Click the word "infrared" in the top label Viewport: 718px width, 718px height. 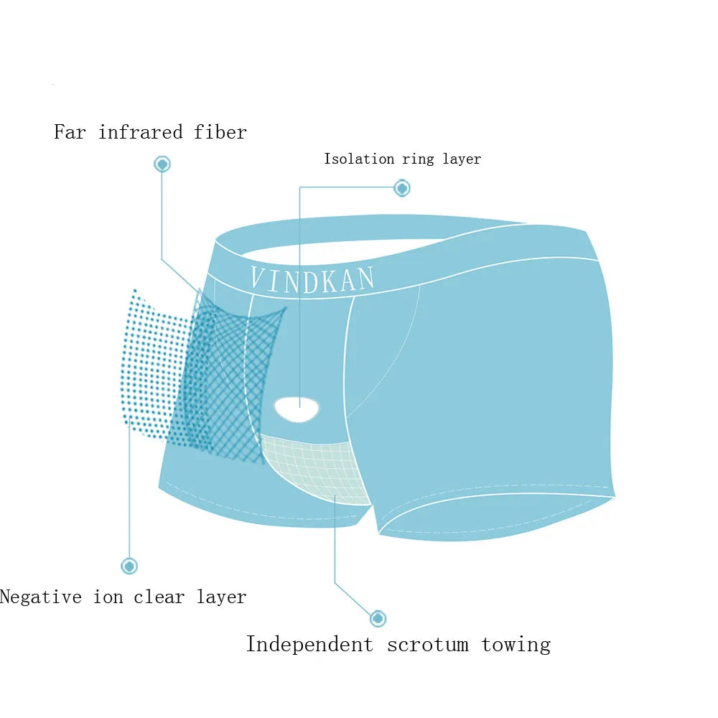pyautogui.click(x=141, y=132)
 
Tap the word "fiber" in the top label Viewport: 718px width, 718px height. pyautogui.click(x=220, y=132)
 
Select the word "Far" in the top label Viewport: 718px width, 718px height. pyautogui.click(x=70, y=132)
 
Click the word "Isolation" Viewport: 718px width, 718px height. pyautogui.click(x=359, y=159)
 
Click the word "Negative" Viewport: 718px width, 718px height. pyautogui.click(x=41, y=597)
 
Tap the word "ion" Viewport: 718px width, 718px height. pyautogui.click(x=108, y=597)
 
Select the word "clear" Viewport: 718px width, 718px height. pyautogui.click(x=159, y=597)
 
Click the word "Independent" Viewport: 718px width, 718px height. pyautogui.click(x=310, y=644)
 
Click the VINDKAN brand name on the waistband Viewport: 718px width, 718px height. pyautogui.click(x=313, y=279)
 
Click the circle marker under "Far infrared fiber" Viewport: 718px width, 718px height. pyautogui.click(x=162, y=164)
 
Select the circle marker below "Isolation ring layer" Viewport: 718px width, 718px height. pyautogui.click(x=402, y=188)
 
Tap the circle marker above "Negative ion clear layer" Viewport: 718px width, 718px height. pyautogui.click(x=129, y=567)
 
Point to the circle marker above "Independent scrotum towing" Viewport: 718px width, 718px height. pyautogui.click(x=378, y=619)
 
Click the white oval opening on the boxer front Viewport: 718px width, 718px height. pyautogui.click(x=297, y=409)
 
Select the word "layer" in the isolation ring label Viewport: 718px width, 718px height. pyautogui.click(x=462, y=159)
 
